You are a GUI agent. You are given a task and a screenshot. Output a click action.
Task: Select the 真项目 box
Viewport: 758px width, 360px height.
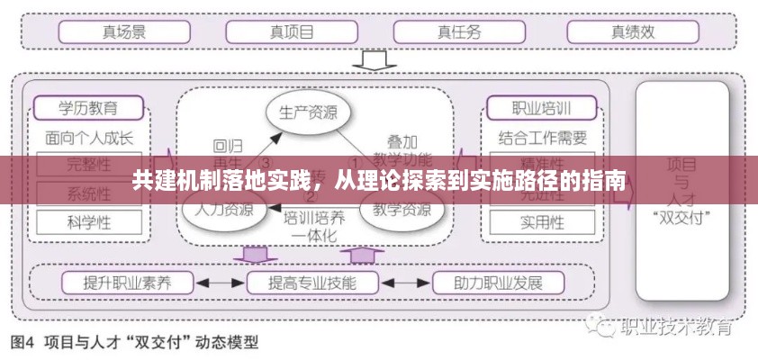(x=293, y=32)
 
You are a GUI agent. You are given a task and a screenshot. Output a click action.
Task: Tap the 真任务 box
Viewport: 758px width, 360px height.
(x=460, y=32)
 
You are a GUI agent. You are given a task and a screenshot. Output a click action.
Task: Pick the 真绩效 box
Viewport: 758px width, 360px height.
(x=633, y=32)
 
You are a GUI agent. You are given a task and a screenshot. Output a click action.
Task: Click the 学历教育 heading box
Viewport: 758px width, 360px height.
(x=88, y=109)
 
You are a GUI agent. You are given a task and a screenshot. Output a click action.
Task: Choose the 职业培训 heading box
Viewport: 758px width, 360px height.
(x=542, y=109)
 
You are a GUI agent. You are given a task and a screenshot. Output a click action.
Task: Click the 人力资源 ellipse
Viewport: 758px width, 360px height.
(x=219, y=211)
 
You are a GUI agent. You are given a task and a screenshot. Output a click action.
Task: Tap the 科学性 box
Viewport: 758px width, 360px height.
(x=88, y=221)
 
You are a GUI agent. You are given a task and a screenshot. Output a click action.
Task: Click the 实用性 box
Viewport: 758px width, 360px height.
(x=542, y=221)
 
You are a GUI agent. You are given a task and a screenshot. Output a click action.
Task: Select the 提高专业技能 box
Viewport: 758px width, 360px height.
(x=312, y=283)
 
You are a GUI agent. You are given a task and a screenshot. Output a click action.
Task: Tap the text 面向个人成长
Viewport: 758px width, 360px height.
(x=88, y=139)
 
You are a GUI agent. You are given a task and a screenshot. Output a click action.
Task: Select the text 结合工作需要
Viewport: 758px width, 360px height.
(x=542, y=139)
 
